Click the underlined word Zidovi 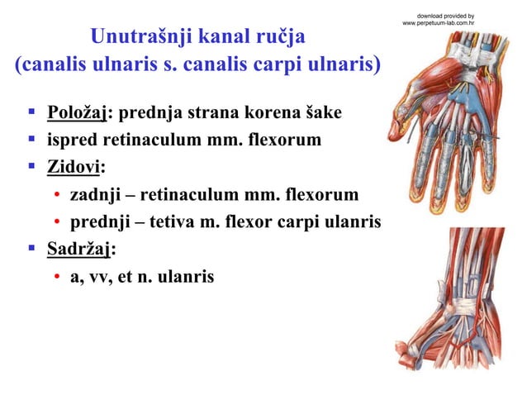(x=73, y=168)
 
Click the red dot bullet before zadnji (x=57, y=196)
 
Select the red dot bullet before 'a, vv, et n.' (x=57, y=277)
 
